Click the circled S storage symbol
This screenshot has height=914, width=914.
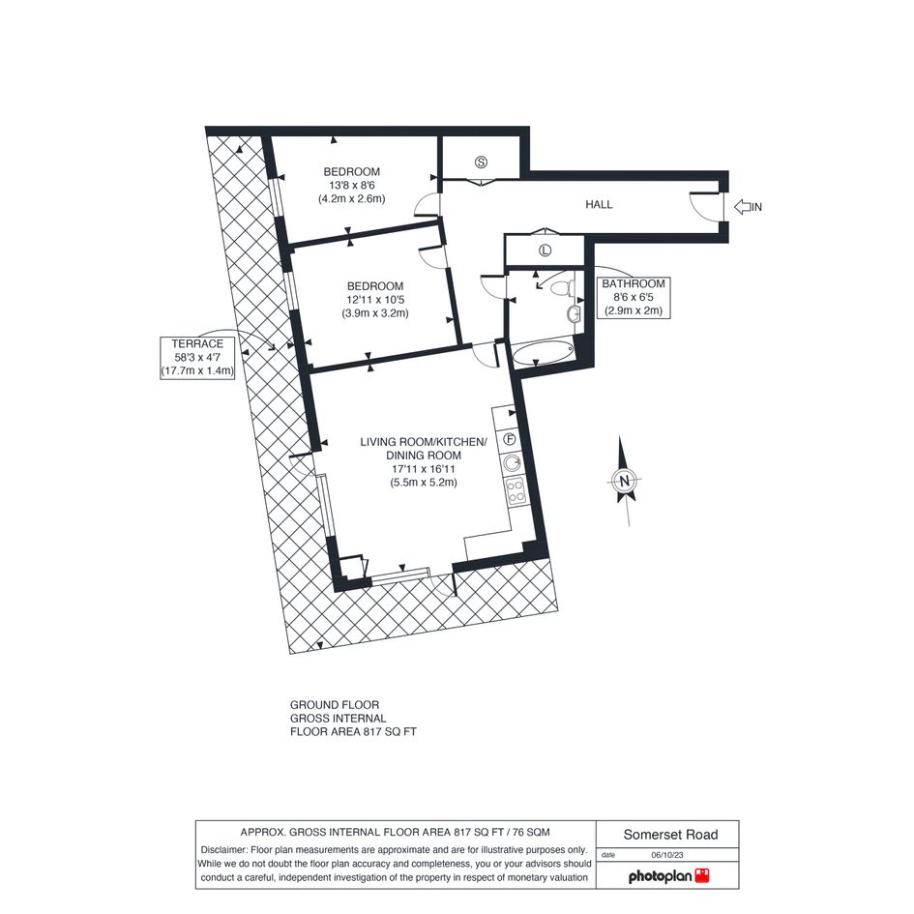[x=481, y=162]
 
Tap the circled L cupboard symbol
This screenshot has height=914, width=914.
[x=545, y=251]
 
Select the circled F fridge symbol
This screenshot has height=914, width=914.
[x=510, y=439]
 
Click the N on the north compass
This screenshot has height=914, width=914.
[x=625, y=481]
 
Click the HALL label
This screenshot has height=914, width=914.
[x=599, y=205]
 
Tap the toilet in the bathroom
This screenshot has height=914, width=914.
[x=563, y=288]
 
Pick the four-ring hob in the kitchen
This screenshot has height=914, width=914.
[x=516, y=490]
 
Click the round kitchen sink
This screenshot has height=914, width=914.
[x=513, y=463]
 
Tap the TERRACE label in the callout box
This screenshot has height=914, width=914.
[x=197, y=344]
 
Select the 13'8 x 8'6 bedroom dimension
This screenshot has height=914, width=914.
[x=351, y=186]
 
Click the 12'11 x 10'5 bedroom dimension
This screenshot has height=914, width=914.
[x=375, y=300]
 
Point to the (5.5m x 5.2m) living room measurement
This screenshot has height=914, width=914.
[x=424, y=483]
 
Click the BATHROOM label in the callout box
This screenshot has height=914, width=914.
[x=634, y=284]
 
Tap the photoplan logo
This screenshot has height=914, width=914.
[x=668, y=876]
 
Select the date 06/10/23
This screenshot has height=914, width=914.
[x=667, y=855]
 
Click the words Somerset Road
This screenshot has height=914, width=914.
[x=670, y=835]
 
